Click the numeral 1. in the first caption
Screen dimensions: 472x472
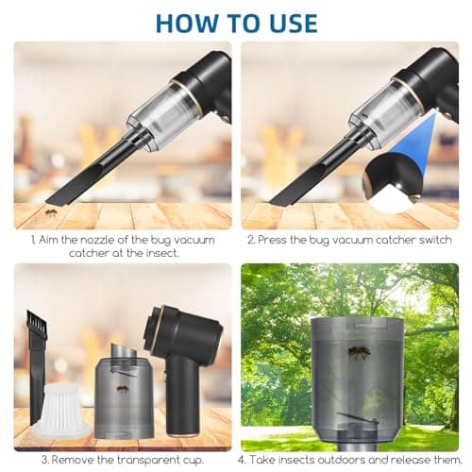tap(34, 240)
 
